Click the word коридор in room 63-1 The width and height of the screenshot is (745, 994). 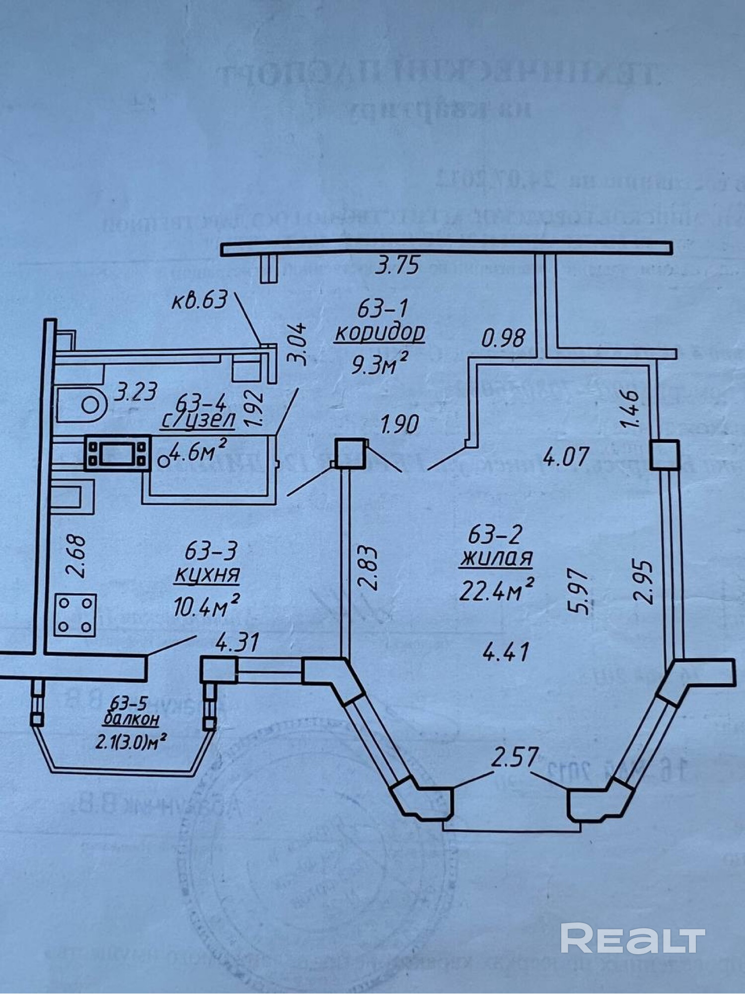(380, 333)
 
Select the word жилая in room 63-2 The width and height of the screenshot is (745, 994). (496, 559)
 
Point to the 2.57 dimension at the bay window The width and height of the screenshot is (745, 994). (515, 758)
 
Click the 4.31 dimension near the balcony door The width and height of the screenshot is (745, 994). (237, 643)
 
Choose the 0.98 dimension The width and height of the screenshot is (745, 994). (503, 338)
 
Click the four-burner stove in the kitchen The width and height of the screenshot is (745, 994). (75, 615)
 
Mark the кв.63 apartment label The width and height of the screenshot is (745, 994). (199, 301)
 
